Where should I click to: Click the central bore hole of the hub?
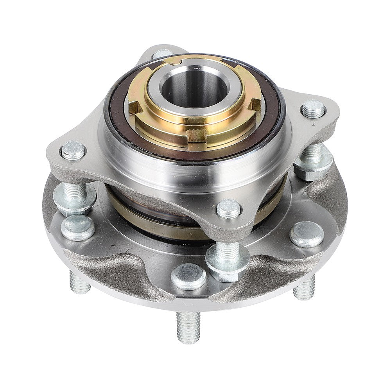pos(194,88)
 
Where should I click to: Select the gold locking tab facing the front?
pos(197,136)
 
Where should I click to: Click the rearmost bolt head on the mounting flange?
pos(162,54)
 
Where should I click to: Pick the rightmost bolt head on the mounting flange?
pos(313,108)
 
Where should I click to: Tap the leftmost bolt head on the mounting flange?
pos(74,150)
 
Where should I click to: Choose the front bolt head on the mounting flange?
pos(228,208)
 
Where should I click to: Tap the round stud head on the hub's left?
pos(77,227)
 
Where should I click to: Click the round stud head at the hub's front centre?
pos(188,276)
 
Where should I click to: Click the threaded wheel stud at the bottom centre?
pos(188,326)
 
